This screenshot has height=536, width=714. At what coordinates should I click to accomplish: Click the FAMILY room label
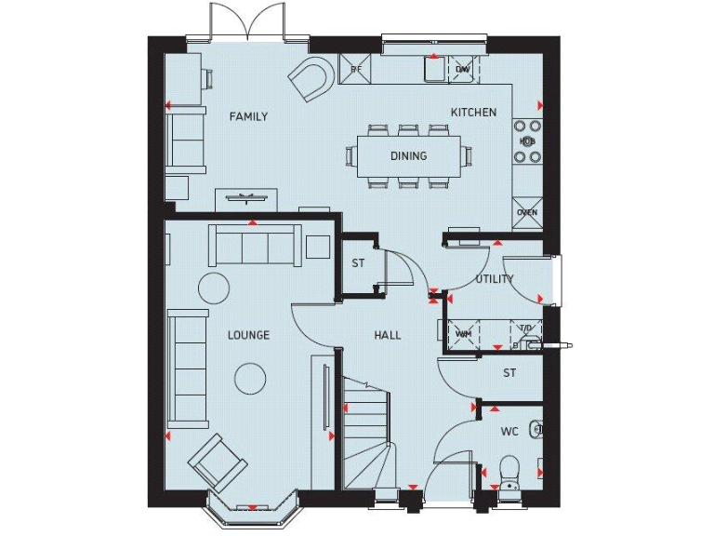click(x=248, y=116)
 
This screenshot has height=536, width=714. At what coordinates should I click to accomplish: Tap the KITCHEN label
click(x=473, y=113)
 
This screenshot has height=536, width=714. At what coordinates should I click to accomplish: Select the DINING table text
click(x=408, y=155)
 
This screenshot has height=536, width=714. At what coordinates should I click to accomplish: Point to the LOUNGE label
click(x=248, y=335)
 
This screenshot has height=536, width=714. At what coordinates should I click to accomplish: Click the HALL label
click(x=388, y=335)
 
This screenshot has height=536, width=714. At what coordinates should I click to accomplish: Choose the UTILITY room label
click(x=495, y=279)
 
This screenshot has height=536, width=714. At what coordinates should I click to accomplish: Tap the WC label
click(x=509, y=432)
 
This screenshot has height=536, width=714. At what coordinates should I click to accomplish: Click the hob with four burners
click(x=527, y=141)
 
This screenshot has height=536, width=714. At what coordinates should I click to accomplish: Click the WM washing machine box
click(x=463, y=333)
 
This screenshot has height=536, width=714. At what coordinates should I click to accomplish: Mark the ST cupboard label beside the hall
click(x=358, y=263)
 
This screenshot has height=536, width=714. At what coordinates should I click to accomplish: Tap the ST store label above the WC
click(x=509, y=373)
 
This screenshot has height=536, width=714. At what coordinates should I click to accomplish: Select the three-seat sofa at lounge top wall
click(x=254, y=245)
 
